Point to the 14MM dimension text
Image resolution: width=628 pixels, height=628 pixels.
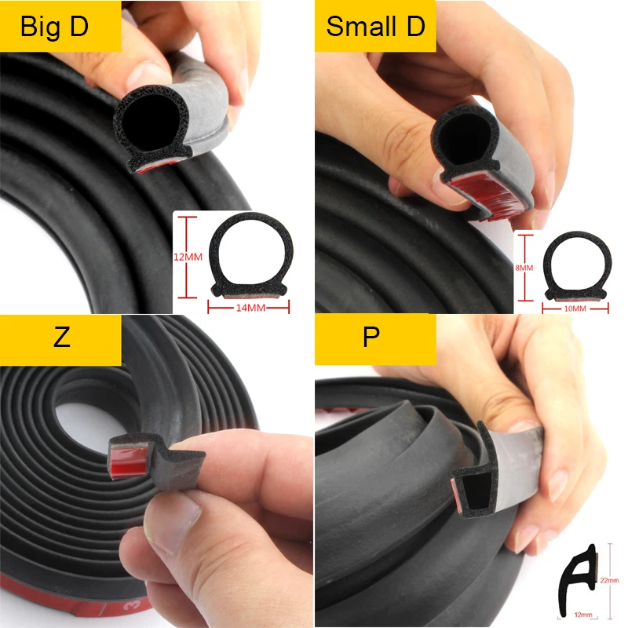[x=250, y=307]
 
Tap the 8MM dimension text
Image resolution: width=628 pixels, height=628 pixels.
[x=524, y=268]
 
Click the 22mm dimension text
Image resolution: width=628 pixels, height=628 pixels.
[x=609, y=579]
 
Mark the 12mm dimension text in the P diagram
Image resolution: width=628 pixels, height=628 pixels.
[x=582, y=614]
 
